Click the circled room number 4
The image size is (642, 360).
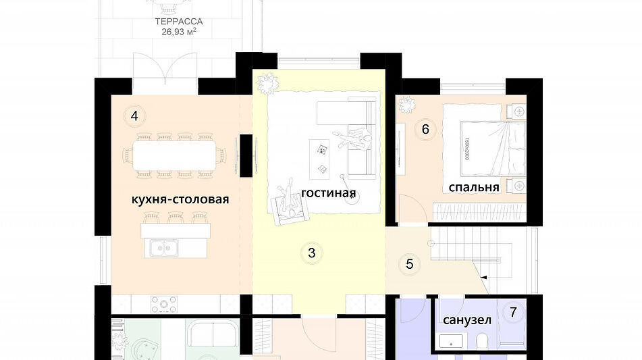(x=134, y=116)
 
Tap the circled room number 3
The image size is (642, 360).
(x=311, y=253)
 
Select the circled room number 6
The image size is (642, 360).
(x=425, y=130)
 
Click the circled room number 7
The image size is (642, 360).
(x=514, y=312)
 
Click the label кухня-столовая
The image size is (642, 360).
(x=180, y=199)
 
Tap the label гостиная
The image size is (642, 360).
(x=328, y=194)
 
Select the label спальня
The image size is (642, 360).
(x=474, y=187)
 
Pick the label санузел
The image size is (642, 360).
(x=466, y=319)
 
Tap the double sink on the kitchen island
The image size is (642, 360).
(x=163, y=248)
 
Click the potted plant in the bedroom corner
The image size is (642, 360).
(x=407, y=105)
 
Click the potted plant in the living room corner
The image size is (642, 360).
(x=267, y=83)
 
